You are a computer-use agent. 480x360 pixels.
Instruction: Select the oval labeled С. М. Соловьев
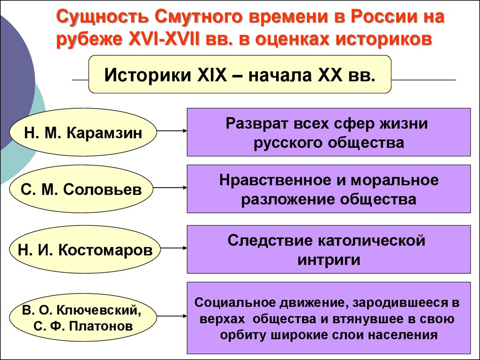pos(81,189)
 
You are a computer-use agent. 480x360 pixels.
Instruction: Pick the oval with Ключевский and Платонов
pos(83,317)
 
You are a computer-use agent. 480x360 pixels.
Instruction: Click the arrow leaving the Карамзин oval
pos(172,131)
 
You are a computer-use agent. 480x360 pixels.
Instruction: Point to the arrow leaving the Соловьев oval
pos(170,187)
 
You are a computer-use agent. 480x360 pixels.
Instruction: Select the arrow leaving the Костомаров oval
pos(173,247)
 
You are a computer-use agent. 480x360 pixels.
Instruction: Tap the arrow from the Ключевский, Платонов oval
pos(172,316)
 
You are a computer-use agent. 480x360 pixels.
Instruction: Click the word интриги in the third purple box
pos(329,260)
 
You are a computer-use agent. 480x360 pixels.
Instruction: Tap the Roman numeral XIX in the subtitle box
pos(212,75)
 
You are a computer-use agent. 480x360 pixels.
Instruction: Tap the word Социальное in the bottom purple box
pos(234,302)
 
